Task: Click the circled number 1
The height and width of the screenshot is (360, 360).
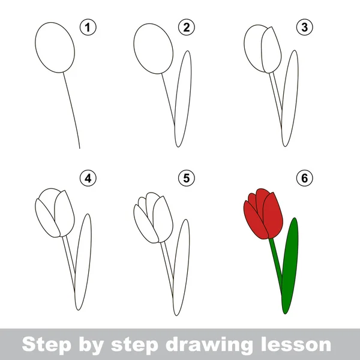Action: pyautogui.click(x=88, y=28)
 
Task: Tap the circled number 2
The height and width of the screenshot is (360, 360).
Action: pyautogui.click(x=187, y=28)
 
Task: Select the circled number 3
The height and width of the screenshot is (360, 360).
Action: pyautogui.click(x=304, y=28)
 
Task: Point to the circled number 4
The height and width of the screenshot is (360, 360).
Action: pyautogui.click(x=88, y=178)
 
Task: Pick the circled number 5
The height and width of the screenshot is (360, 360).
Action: pyautogui.click(x=187, y=178)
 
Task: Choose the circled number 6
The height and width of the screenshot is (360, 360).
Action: pyautogui.click(x=304, y=178)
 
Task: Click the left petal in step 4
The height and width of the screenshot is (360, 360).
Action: pyautogui.click(x=47, y=218)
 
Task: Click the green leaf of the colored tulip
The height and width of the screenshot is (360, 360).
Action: pyautogui.click(x=290, y=266)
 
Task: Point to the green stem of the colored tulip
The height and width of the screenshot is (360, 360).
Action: pyautogui.click(x=276, y=264)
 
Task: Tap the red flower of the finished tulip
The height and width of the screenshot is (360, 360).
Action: pyautogui.click(x=263, y=215)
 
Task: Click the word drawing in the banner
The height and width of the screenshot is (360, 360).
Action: pyautogui.click(x=209, y=345)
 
